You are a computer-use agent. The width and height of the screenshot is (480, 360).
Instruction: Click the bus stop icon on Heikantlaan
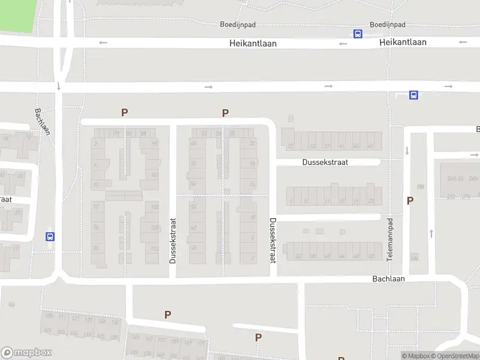click(358, 34)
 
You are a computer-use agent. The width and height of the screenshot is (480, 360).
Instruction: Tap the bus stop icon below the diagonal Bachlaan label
click(50, 236)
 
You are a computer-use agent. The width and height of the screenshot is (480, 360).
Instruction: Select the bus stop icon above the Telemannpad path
click(413, 95)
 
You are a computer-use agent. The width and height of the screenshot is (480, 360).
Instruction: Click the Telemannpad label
click(389, 239)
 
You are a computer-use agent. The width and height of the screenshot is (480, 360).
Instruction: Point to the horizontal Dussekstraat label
click(325, 162)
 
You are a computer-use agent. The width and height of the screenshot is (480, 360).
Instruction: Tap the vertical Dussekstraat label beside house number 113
click(172, 240)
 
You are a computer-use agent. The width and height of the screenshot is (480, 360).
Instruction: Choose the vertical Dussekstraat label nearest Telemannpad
click(272, 240)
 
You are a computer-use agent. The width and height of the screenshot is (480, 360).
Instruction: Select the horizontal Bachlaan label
click(388, 279)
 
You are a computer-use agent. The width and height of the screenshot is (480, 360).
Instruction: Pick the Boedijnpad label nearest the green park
click(238, 25)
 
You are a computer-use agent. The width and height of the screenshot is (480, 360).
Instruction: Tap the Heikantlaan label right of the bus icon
click(403, 42)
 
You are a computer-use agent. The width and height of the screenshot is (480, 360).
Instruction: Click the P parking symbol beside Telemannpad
click(410, 201)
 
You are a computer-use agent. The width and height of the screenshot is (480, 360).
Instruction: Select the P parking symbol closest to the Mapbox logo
click(168, 314)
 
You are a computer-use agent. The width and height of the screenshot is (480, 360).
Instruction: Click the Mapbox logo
click(26, 353)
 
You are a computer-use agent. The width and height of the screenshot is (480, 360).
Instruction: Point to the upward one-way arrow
click(430, 233)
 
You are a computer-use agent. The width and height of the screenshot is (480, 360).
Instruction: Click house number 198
click(421, 187)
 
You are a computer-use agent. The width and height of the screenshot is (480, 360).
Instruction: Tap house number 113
click(155, 248)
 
